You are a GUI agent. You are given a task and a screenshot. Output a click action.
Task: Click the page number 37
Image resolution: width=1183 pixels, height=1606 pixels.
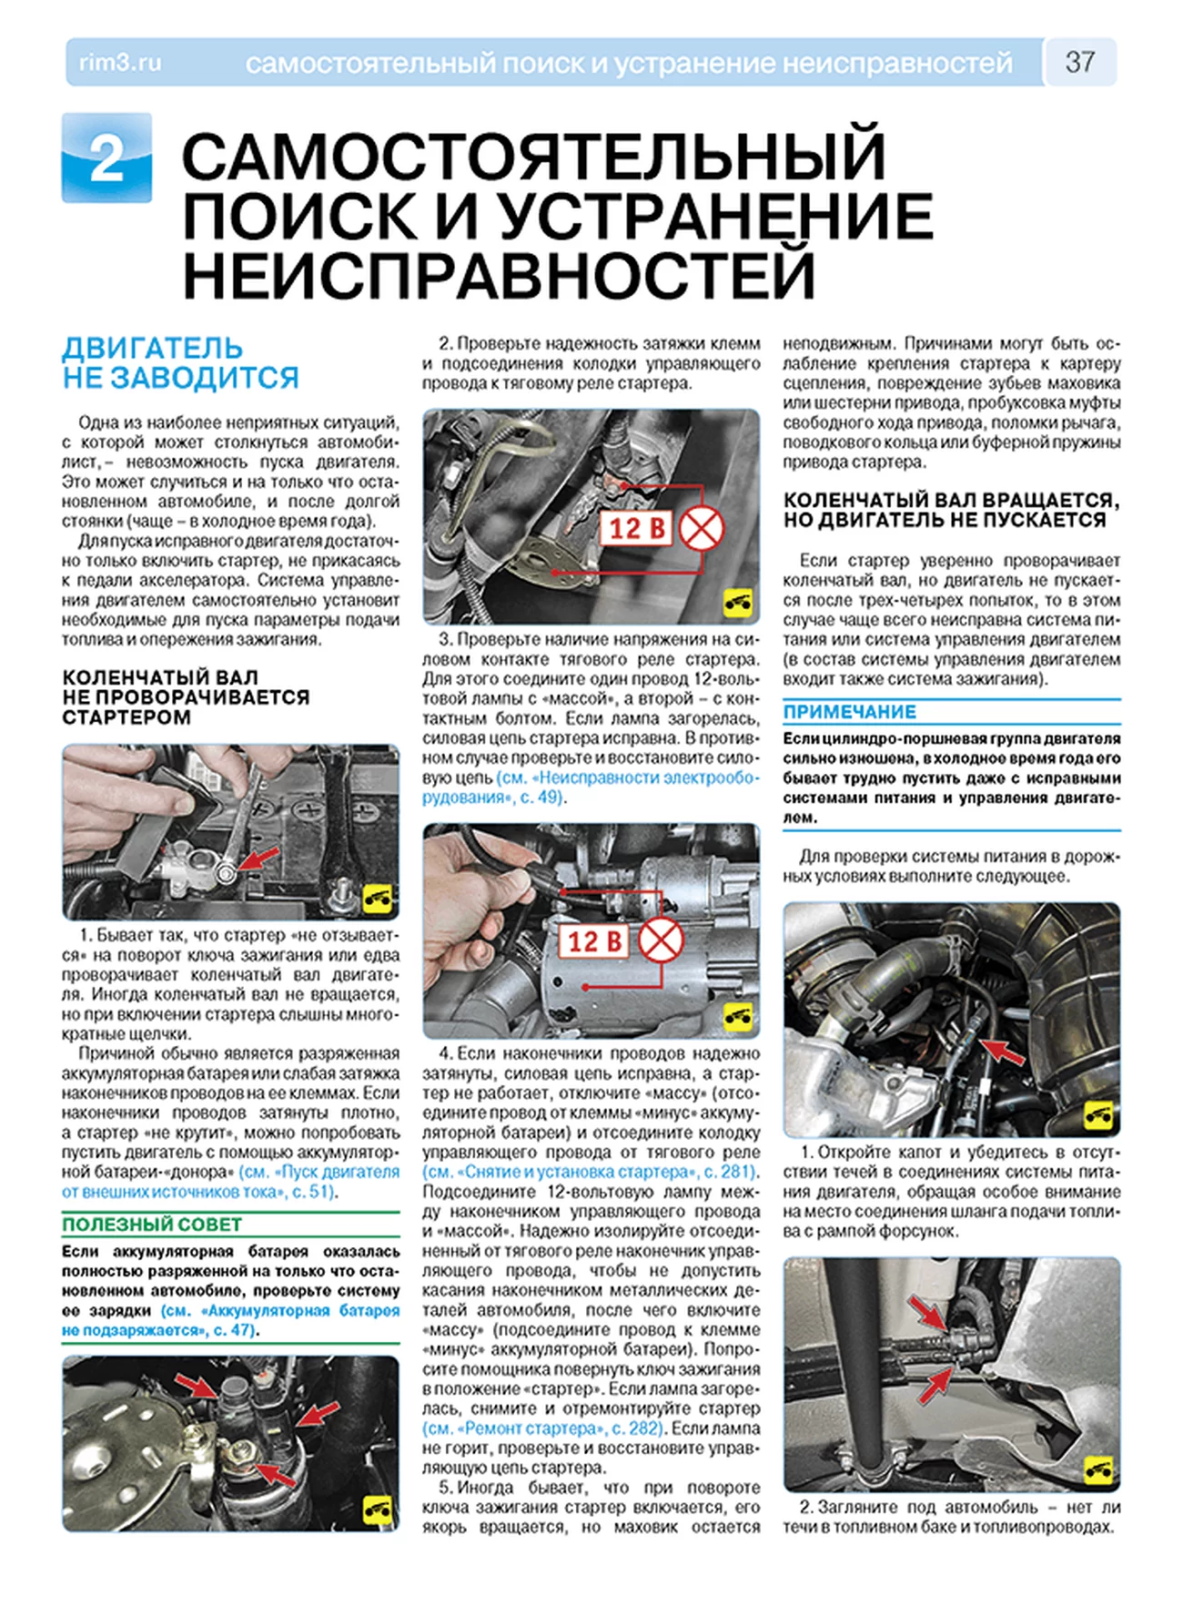coord(1079,62)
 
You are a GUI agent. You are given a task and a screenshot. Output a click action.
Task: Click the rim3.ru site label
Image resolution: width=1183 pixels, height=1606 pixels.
coord(120,63)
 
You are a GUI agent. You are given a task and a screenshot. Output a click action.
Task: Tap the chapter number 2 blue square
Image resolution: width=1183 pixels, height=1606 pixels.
coord(107,158)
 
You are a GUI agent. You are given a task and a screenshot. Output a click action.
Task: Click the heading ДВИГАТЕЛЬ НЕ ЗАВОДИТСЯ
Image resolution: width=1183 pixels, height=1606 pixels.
coord(180,362)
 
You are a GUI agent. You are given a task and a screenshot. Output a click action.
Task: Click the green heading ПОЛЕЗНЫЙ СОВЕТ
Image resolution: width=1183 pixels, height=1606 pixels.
coord(152,1225)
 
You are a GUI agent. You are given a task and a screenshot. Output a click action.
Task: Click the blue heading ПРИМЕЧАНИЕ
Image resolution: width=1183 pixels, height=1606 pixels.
coord(850,711)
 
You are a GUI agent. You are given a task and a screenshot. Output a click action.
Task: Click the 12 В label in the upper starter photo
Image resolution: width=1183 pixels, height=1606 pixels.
coord(636,528)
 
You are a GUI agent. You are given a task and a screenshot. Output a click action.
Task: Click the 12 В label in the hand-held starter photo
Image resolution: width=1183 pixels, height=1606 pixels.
coord(595,941)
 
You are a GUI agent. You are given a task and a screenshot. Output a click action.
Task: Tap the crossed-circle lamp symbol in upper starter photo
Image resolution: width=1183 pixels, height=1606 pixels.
coord(702,528)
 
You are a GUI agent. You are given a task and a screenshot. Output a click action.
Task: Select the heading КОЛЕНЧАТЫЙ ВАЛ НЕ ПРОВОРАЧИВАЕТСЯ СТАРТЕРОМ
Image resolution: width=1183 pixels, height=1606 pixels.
coord(186,697)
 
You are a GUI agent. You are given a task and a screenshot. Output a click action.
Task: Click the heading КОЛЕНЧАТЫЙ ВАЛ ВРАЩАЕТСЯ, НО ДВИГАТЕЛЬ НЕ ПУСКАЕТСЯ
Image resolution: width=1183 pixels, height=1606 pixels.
coord(951,510)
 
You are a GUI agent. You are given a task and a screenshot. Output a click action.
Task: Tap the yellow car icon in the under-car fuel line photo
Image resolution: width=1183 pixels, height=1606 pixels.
coord(1099,1469)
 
